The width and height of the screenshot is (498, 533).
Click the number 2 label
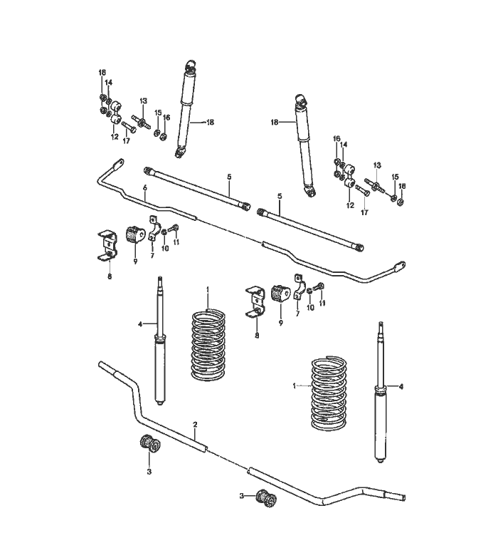coord(195,425)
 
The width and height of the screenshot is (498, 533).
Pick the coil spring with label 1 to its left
coord(329,393)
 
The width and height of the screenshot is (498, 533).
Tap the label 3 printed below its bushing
coord(149,472)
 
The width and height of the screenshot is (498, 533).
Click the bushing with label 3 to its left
coord(266,498)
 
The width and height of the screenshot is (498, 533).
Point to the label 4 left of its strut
coord(140,324)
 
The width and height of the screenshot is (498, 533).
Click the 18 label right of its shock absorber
coord(210,122)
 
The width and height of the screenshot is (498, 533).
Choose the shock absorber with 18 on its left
coord(305,145)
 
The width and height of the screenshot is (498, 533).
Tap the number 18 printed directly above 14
coord(102,73)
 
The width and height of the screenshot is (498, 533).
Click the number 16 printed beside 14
coord(337,139)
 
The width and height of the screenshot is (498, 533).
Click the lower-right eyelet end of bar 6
coord(399,266)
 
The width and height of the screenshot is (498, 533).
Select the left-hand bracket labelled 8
coord(108,246)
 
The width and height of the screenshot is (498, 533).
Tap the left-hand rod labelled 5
coord(197,189)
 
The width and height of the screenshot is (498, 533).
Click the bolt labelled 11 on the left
coord(174,228)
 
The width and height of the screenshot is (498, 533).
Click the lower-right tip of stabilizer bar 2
coord(404,497)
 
